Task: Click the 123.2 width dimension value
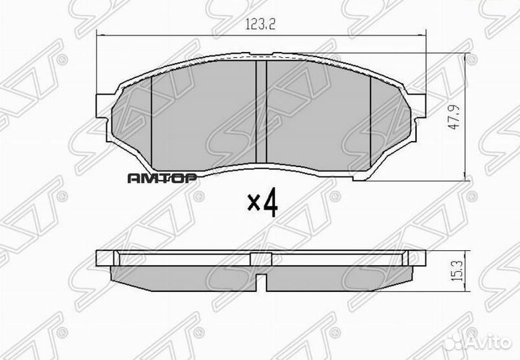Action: (260, 24)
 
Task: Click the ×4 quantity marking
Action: (261, 205)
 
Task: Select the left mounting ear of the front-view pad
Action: (105, 116)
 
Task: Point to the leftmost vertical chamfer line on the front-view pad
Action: (152, 119)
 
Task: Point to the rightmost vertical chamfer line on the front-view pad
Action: (370, 119)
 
